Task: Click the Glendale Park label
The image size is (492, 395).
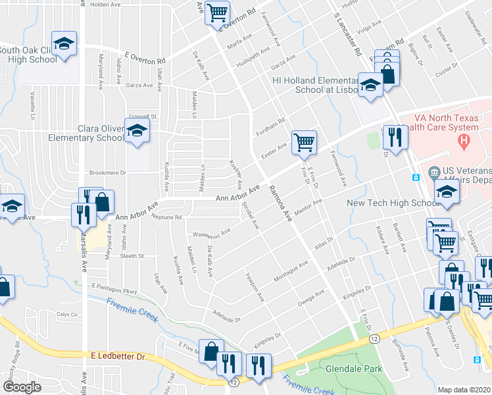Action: pos(349,369)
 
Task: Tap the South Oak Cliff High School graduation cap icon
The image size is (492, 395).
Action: pos(64,45)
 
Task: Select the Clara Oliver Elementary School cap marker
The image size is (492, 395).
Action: pos(137,132)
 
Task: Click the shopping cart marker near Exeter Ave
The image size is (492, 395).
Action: pos(304,142)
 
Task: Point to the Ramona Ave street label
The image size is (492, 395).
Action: pos(280,204)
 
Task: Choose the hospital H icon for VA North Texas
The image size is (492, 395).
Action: pos(464,140)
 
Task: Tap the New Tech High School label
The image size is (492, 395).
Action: pos(388,203)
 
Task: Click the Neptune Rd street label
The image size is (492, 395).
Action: pos(166,217)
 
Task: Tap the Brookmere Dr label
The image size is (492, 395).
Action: pos(108,172)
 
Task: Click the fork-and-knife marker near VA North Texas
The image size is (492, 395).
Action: pos(395,137)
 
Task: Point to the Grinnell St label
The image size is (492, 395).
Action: pos(145,117)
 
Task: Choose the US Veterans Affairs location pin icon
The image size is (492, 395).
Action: pos(433,174)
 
